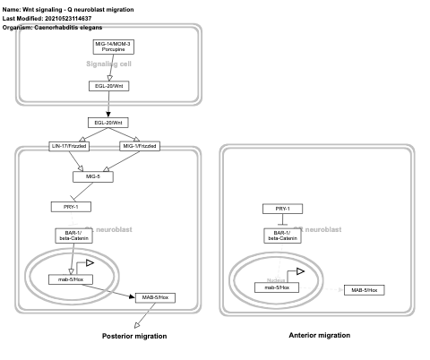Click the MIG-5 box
coord(107,177)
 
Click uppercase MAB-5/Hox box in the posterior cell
coord(153,296)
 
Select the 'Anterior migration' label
coord(319,335)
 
